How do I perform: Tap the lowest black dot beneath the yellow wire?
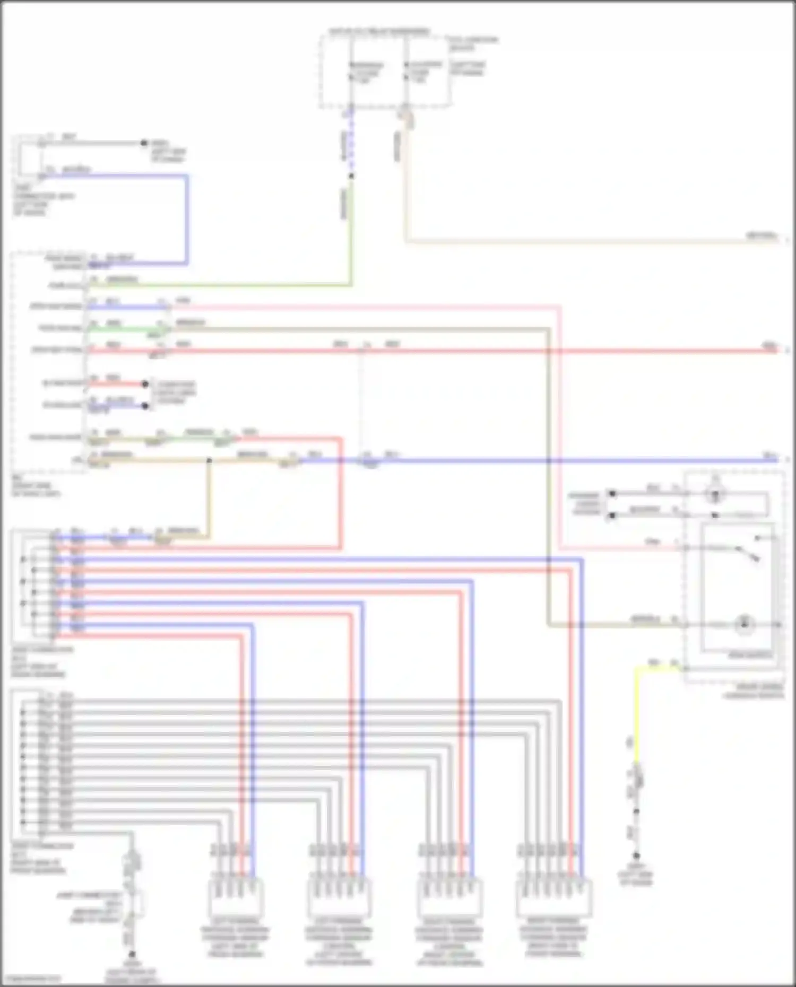tap(636, 855)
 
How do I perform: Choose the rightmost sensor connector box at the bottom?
tap(553, 898)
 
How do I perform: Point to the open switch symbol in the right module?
tap(748, 553)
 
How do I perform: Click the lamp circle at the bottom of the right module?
tap(744, 624)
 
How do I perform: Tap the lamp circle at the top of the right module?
tap(715, 494)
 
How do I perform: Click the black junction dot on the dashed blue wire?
tap(351, 176)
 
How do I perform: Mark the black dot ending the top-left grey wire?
tap(143, 143)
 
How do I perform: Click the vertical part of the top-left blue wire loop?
tap(187, 217)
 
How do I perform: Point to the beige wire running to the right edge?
tap(584, 242)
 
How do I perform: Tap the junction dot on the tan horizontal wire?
tap(209, 460)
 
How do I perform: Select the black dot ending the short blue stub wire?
tap(145, 406)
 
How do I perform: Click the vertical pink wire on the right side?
tap(560, 424)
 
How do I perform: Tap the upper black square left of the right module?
tap(612, 493)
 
